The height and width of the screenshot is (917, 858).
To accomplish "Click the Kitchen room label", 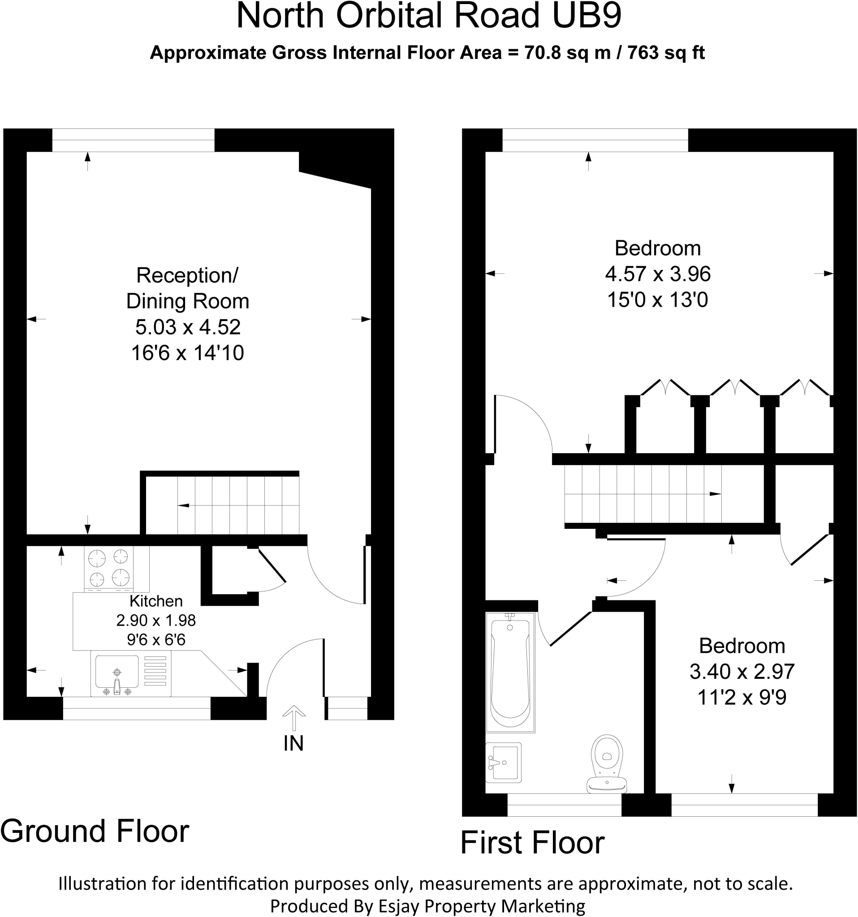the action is coord(156,601).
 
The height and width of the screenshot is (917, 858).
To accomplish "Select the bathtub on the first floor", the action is coord(510,672).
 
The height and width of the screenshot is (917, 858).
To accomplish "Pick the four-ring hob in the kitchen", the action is coord(109,569).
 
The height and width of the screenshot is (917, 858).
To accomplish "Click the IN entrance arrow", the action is coord(293,718).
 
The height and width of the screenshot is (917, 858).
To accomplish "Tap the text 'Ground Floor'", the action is coord(95,831).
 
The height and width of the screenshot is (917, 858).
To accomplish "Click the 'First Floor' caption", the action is coord(533,842).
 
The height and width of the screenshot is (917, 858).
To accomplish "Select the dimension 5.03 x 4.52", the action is coord(188,327).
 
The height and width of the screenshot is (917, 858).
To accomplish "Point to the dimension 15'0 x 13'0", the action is coord(658,300).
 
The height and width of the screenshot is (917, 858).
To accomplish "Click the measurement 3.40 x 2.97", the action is coord(742,671).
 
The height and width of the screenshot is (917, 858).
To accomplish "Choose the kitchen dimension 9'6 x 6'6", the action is coord(156,640).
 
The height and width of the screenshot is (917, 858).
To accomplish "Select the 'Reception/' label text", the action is coord(187,275).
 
